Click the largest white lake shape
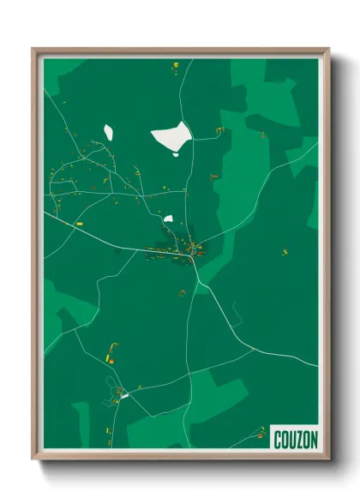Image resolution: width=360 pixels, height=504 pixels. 171,135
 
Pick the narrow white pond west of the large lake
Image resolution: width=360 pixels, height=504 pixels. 109,132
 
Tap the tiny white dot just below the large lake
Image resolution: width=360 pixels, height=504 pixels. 176,154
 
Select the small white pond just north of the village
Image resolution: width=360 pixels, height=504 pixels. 169,219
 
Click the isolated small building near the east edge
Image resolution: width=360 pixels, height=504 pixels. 285,252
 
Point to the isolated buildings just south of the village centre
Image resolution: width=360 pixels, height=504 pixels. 181,293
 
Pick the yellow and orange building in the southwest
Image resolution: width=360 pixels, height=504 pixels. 109,352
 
